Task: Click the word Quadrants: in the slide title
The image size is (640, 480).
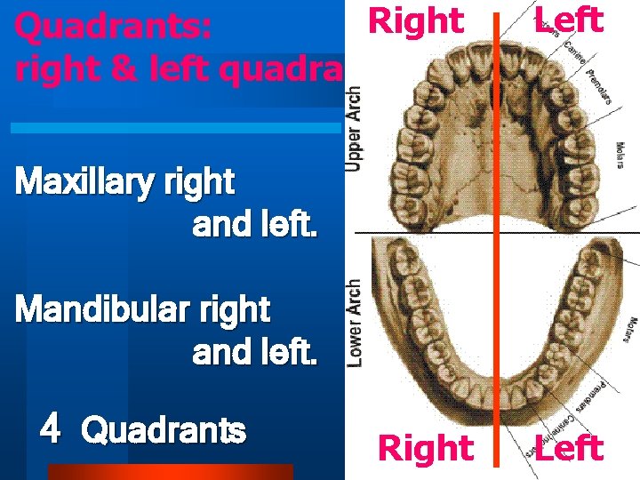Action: (x=113, y=29)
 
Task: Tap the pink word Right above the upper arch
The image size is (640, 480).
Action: (x=416, y=20)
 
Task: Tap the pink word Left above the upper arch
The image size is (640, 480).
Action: (x=570, y=20)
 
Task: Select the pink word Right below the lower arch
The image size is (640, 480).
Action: (x=426, y=449)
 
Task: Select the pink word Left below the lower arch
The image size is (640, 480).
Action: (x=570, y=449)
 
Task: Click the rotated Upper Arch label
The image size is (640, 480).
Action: (x=354, y=128)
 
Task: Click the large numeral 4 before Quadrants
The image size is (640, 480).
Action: (x=51, y=430)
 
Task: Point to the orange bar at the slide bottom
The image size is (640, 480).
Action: (x=169, y=472)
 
